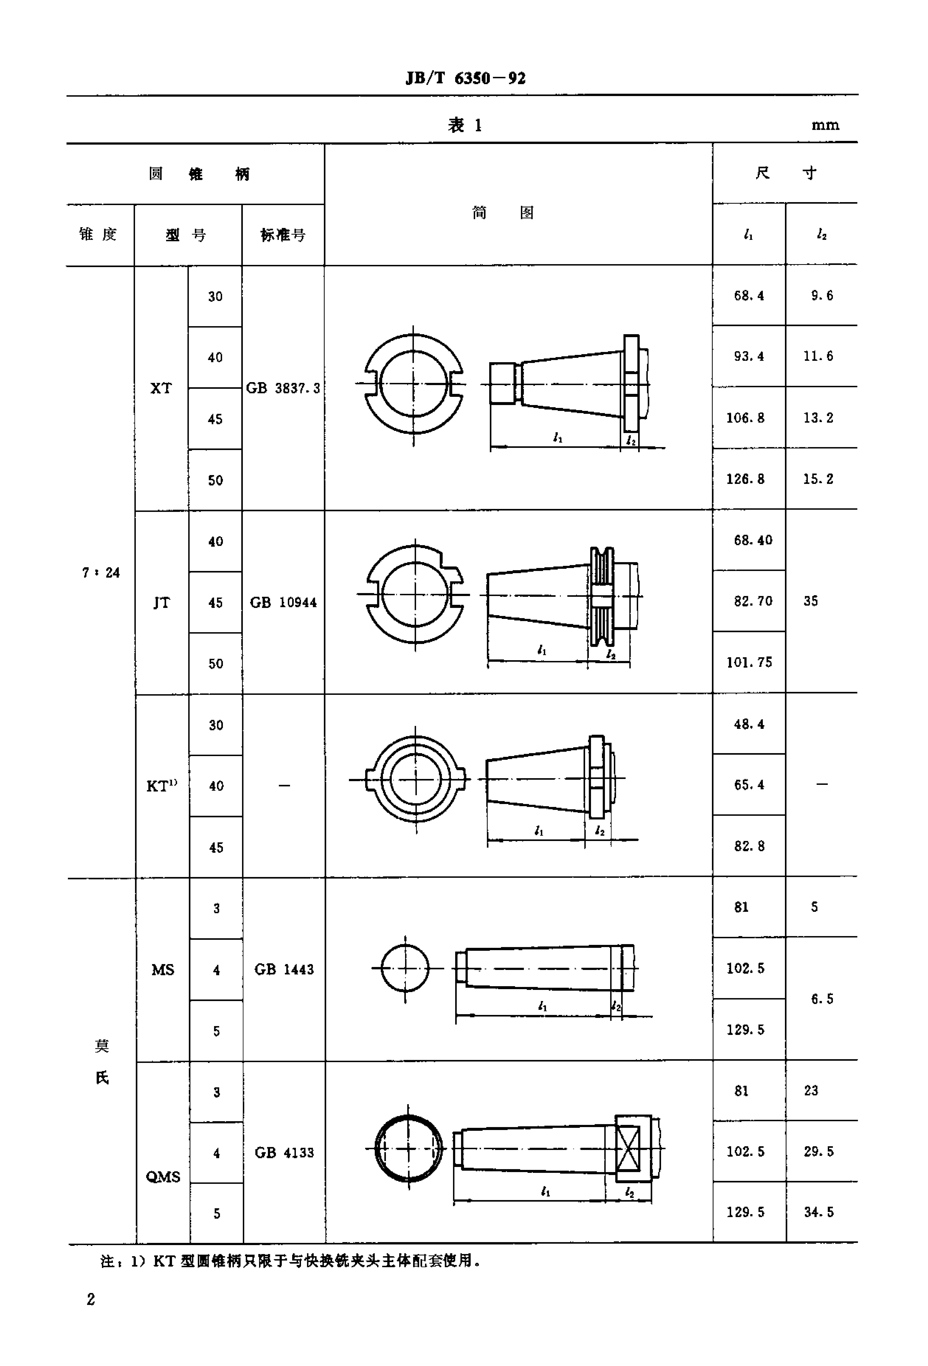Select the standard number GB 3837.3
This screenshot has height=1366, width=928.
coord(283,388)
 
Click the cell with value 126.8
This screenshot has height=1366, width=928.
coord(745,479)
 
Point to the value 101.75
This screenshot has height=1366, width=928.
coord(749,662)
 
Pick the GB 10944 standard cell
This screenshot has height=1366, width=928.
coord(283,602)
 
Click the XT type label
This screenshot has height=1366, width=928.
coord(161,388)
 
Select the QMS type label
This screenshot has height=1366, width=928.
coord(163,1177)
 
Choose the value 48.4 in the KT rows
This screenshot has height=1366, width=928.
coord(749,724)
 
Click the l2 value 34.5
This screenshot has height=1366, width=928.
coord(819,1212)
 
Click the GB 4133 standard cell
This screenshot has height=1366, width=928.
coord(284,1153)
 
